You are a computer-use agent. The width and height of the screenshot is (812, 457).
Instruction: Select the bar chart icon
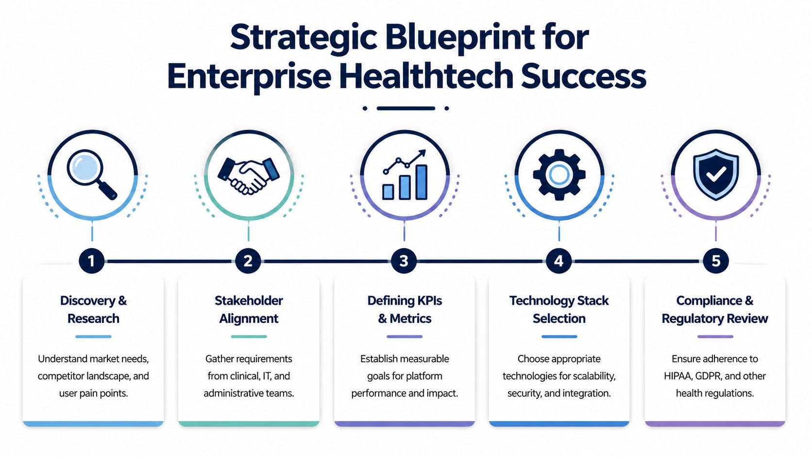[405, 175]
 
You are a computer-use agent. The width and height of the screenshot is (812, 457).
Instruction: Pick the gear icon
[559, 175]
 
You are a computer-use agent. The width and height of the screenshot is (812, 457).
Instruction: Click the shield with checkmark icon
[715, 174]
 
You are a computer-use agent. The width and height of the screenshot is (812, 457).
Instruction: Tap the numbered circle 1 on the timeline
[91, 261]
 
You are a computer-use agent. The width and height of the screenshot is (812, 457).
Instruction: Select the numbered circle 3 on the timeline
[404, 261]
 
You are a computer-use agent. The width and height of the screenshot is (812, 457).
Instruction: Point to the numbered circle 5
[715, 261]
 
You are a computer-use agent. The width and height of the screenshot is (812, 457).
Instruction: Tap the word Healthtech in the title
[426, 77]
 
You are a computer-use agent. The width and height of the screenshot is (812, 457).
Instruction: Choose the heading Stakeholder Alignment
[249, 309]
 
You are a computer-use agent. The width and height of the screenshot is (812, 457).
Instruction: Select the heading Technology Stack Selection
[559, 309]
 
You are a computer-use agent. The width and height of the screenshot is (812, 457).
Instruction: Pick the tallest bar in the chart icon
[421, 182]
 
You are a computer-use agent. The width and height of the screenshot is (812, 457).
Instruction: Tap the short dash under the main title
[406, 108]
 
